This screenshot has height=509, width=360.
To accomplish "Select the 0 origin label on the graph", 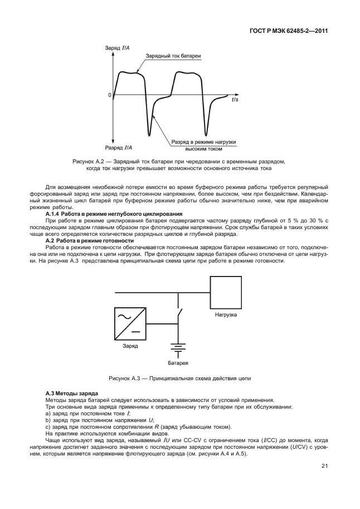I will pyautogui.click(x=109, y=95).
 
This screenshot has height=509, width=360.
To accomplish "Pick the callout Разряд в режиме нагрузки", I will pyautogui.click(x=204, y=143).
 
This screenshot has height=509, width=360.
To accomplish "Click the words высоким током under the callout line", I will pyautogui.click(x=204, y=149).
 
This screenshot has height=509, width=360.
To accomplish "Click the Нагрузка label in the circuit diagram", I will pyautogui.click(x=226, y=315).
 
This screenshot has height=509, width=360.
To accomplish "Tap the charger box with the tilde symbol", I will pyautogui.click(x=130, y=323).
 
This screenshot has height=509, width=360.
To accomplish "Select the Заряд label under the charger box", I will pyautogui.click(x=130, y=346).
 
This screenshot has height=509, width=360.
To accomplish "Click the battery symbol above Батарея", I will pyautogui.click(x=178, y=349).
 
